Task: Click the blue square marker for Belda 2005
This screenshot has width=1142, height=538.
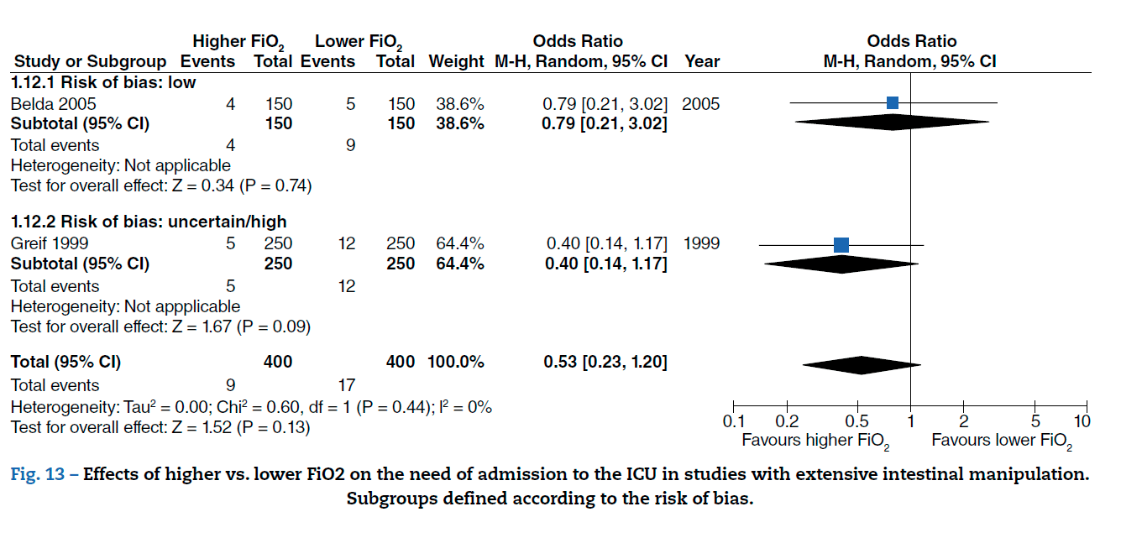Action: click(x=893, y=103)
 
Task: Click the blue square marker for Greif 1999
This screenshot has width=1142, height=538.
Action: click(x=841, y=245)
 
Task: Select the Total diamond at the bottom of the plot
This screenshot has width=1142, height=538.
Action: click(x=862, y=365)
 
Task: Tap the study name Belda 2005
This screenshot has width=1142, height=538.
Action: click(x=53, y=104)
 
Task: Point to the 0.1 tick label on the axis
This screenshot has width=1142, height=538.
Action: click(x=734, y=421)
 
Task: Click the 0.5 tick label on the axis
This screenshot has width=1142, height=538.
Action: click(x=857, y=421)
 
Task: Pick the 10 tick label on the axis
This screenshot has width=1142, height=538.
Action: click(x=1083, y=421)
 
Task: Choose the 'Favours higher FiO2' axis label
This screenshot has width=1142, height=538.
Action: click(x=814, y=441)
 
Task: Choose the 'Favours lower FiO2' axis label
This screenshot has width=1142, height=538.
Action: click(x=1001, y=441)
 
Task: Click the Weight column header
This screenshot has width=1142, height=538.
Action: click(x=456, y=61)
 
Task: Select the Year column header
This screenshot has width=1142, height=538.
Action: click(x=702, y=61)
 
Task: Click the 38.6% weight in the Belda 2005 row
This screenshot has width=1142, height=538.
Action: click(x=459, y=104)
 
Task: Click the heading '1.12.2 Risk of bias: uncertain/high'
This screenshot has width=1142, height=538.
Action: click(x=149, y=222)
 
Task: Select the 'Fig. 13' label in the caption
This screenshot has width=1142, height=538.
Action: click(x=39, y=475)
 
